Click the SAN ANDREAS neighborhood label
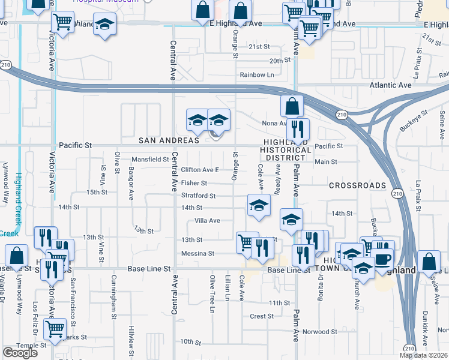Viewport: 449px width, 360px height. [169, 140]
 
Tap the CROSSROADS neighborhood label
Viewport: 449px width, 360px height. [358, 186]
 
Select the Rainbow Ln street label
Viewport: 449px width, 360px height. [257, 75]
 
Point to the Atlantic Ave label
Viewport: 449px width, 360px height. [391, 85]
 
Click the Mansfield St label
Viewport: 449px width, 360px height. [151, 160]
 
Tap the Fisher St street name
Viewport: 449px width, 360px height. [194, 183]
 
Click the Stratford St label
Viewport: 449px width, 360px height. [198, 196]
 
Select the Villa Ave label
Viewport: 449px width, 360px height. [206, 221]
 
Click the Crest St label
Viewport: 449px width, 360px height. [262, 316]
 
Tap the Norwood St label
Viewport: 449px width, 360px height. [320, 332]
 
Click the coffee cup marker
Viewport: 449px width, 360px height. [382, 259]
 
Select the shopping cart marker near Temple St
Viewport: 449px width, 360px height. [54, 329]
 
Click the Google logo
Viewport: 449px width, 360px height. [20, 353]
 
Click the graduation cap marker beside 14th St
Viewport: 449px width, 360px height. [258, 205]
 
